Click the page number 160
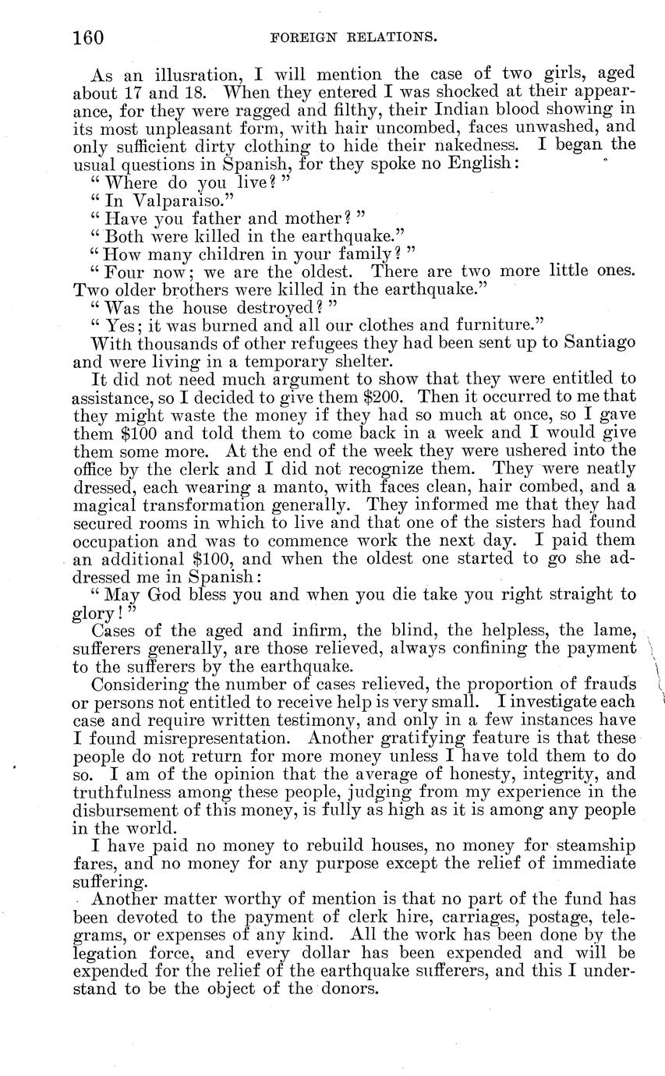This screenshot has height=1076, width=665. pyautogui.click(x=88, y=37)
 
